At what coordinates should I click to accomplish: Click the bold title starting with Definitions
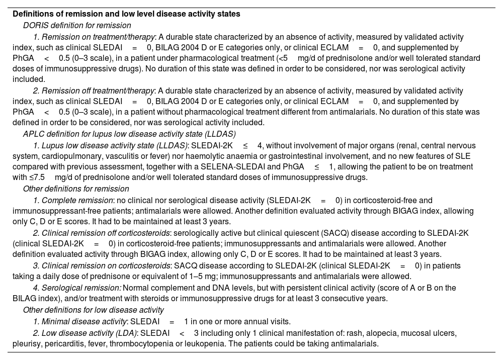[126, 14]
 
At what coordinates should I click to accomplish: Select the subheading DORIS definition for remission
[77, 25]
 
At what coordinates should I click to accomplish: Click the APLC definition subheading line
[129, 134]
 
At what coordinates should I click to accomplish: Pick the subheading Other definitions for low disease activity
[94, 310]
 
